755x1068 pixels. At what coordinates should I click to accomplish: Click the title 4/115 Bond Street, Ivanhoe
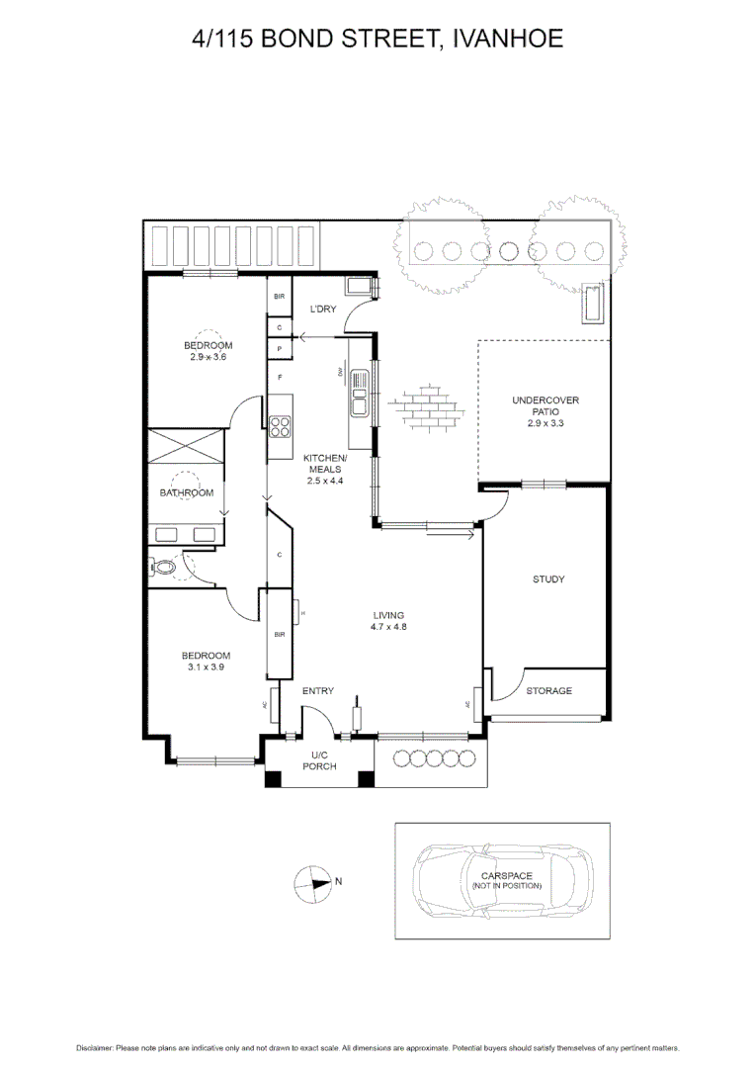377,39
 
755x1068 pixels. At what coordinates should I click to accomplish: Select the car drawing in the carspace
503,880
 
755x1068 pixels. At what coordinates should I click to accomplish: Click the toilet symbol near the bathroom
163,568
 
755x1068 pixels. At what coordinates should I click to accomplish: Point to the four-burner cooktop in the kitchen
281,427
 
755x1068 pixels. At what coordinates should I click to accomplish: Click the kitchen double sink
360,393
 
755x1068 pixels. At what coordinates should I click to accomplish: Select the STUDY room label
547,579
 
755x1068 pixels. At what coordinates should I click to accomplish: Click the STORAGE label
547,690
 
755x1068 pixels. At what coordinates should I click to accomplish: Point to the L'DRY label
323,310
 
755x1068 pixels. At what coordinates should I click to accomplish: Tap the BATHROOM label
187,492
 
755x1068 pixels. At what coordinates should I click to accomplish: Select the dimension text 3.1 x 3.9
208,667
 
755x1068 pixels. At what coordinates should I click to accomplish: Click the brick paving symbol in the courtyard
426,407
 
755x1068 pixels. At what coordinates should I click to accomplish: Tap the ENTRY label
317,691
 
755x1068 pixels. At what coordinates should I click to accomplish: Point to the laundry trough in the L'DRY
358,287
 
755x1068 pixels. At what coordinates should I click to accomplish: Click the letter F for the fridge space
281,378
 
